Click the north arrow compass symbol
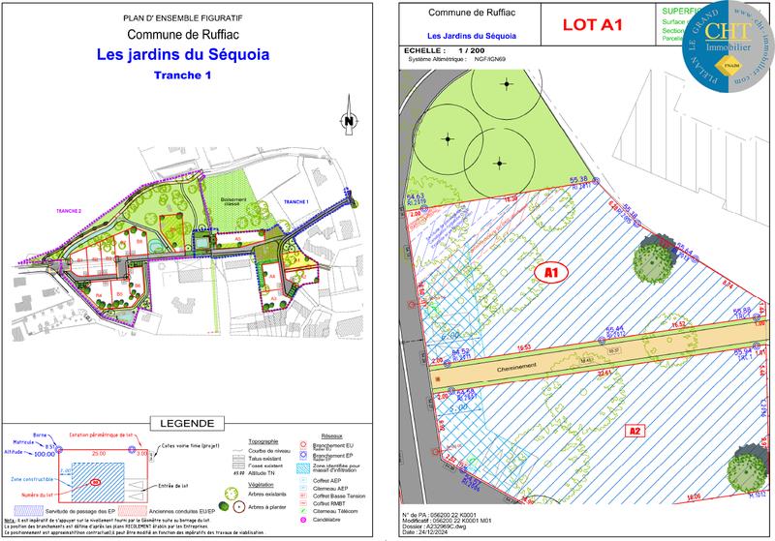point(347,122)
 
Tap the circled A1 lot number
point(551,274)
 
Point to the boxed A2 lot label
point(635,430)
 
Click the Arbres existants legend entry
point(255,494)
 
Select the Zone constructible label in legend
point(32,478)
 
